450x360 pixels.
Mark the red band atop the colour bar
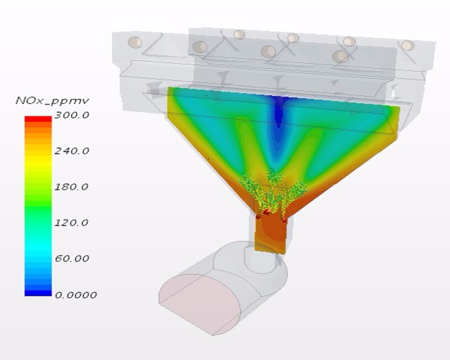click(38, 120)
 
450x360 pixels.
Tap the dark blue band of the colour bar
click(38, 290)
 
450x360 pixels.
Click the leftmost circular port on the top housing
click(134, 42)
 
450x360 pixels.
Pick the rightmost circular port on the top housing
click(407, 45)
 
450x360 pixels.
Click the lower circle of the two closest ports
click(341, 56)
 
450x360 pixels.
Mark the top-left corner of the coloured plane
click(169, 89)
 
